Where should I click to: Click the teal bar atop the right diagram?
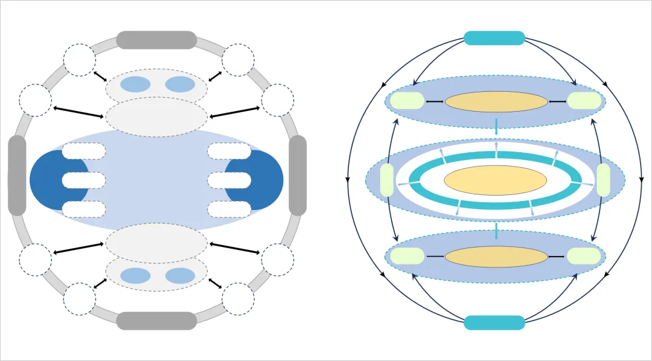tap(494, 37)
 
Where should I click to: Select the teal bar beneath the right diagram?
tap(494, 322)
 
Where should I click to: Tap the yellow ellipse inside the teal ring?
tap(495, 180)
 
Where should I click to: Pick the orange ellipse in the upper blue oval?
tap(496, 101)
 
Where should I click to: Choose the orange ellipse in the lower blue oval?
tap(496, 257)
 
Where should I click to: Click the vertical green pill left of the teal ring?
tap(386, 180)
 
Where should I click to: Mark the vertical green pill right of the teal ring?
tap(603, 180)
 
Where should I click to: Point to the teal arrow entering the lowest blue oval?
tap(496, 231)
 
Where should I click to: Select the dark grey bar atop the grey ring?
tap(156, 40)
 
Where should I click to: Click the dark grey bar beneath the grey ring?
tap(156, 321)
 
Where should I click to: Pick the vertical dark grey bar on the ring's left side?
tap(17, 175)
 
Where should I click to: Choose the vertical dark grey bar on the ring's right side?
tap(298, 175)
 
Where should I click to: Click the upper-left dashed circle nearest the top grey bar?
tap(80, 60)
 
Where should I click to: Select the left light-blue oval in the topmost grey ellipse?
tap(135, 85)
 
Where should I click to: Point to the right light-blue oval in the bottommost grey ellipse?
tap(180, 276)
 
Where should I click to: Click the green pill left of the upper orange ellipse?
tap(407, 101)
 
